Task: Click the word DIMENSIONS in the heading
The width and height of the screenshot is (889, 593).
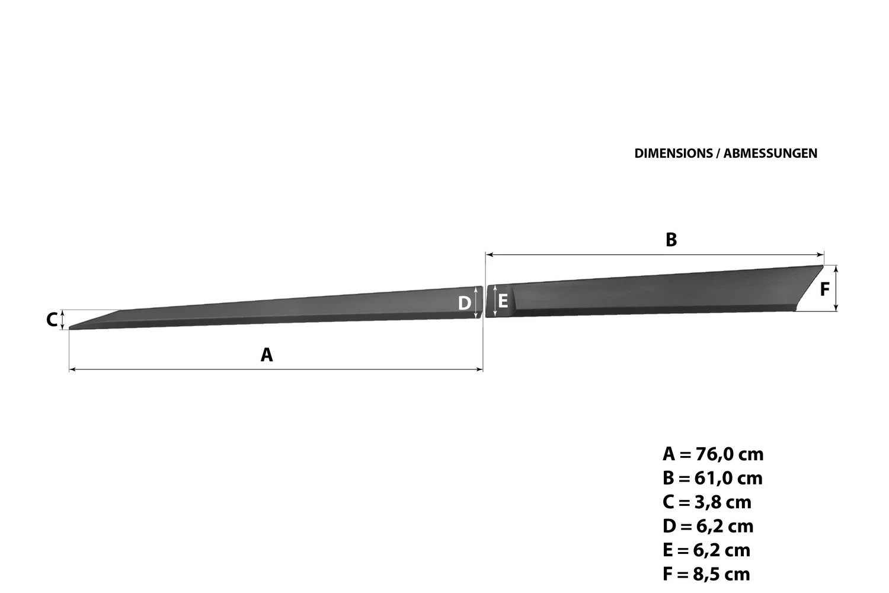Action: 673,154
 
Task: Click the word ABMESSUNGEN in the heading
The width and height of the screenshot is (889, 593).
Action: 770,154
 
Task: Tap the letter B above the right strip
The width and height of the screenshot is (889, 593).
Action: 671,240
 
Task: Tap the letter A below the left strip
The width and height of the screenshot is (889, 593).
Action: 267,355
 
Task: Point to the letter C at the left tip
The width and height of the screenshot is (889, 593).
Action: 52,320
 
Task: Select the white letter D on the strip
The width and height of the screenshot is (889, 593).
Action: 464,303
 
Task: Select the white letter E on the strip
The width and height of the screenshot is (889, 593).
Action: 503,301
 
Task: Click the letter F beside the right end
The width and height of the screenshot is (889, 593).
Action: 825,289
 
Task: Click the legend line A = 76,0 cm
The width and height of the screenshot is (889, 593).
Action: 713,454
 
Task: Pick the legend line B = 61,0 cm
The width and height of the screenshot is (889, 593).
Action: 712,478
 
